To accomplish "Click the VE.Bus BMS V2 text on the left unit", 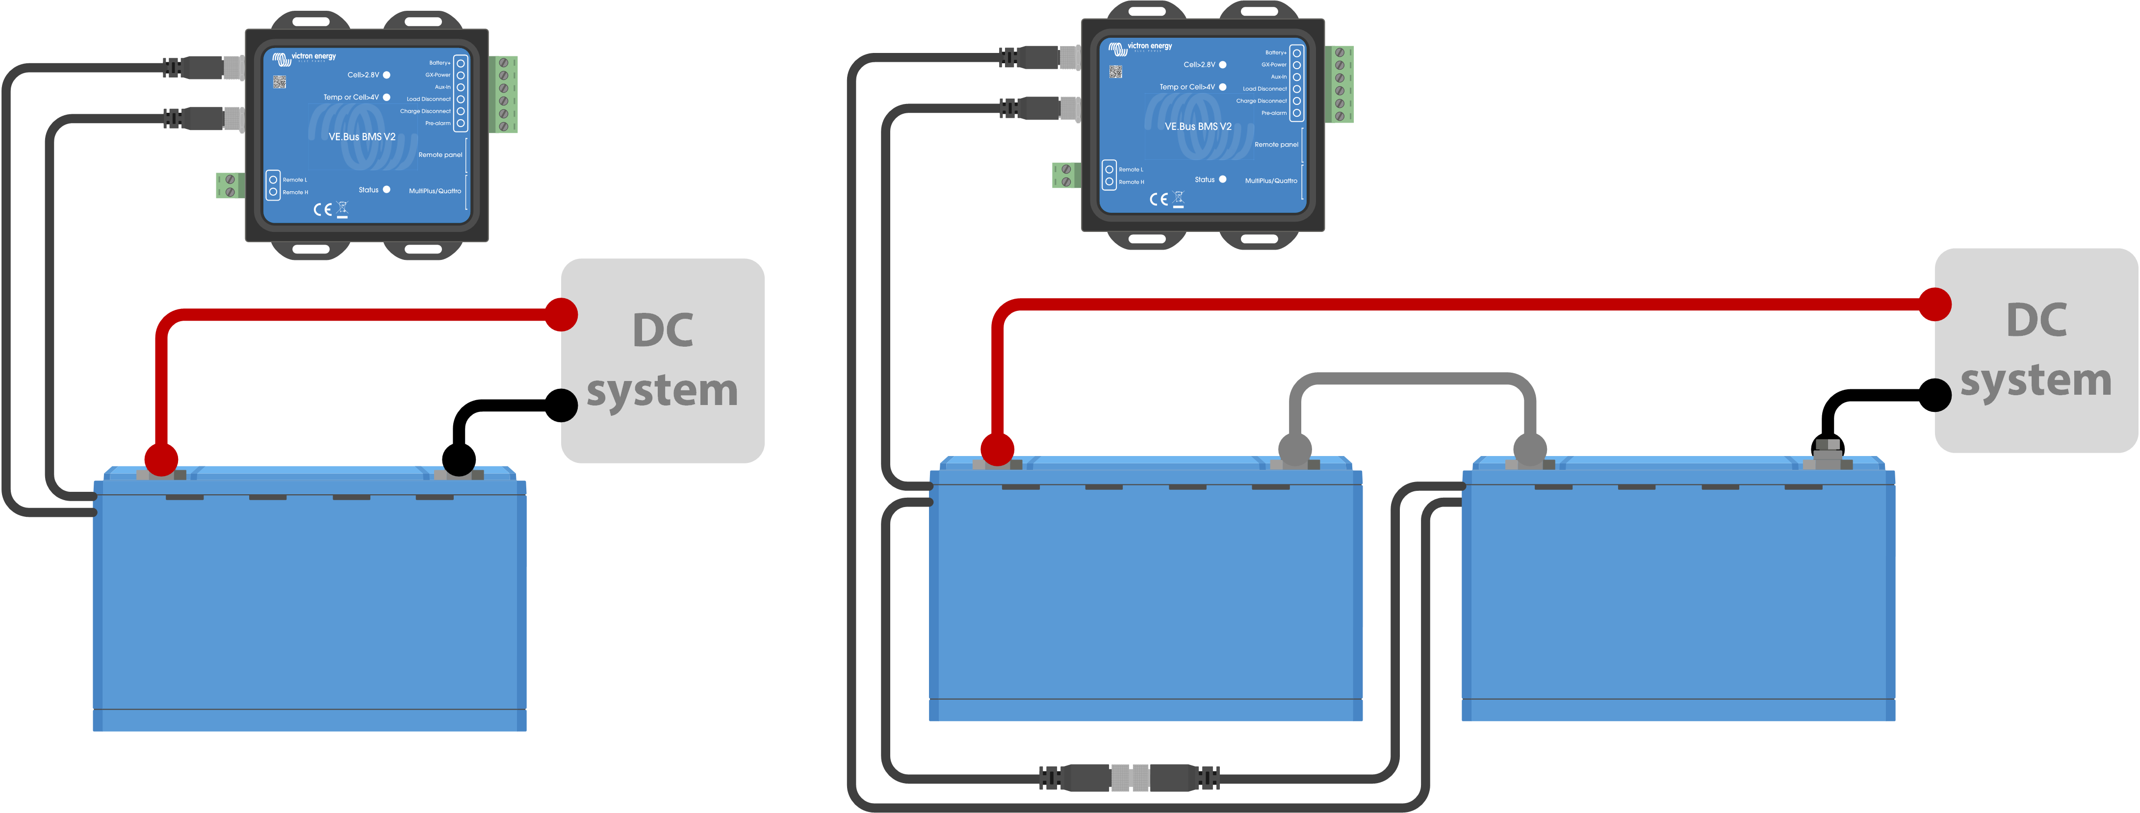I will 361,137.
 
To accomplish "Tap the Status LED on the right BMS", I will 1222,179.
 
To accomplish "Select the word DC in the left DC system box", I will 662,330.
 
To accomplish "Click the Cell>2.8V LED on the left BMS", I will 387,75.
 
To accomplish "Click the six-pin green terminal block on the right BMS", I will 1339,84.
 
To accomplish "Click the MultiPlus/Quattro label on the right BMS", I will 1270,181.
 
